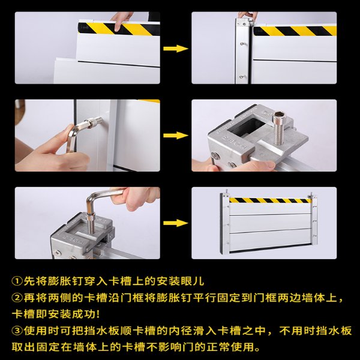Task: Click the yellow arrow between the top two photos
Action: (x=176, y=49)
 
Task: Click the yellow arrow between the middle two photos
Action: (x=176, y=136)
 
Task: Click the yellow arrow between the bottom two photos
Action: (x=176, y=223)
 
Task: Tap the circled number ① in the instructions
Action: (x=17, y=281)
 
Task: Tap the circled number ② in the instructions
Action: (x=17, y=298)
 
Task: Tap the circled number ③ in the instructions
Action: (x=17, y=331)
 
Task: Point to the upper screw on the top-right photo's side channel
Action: (x=242, y=43)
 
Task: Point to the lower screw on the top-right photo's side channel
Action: (x=242, y=76)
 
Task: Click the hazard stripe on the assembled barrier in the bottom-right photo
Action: (x=271, y=200)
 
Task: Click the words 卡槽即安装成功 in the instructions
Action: (x=54, y=314)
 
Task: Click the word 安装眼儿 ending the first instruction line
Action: (x=180, y=281)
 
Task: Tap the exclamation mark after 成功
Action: (x=98, y=314)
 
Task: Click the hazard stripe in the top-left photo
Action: (x=119, y=29)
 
